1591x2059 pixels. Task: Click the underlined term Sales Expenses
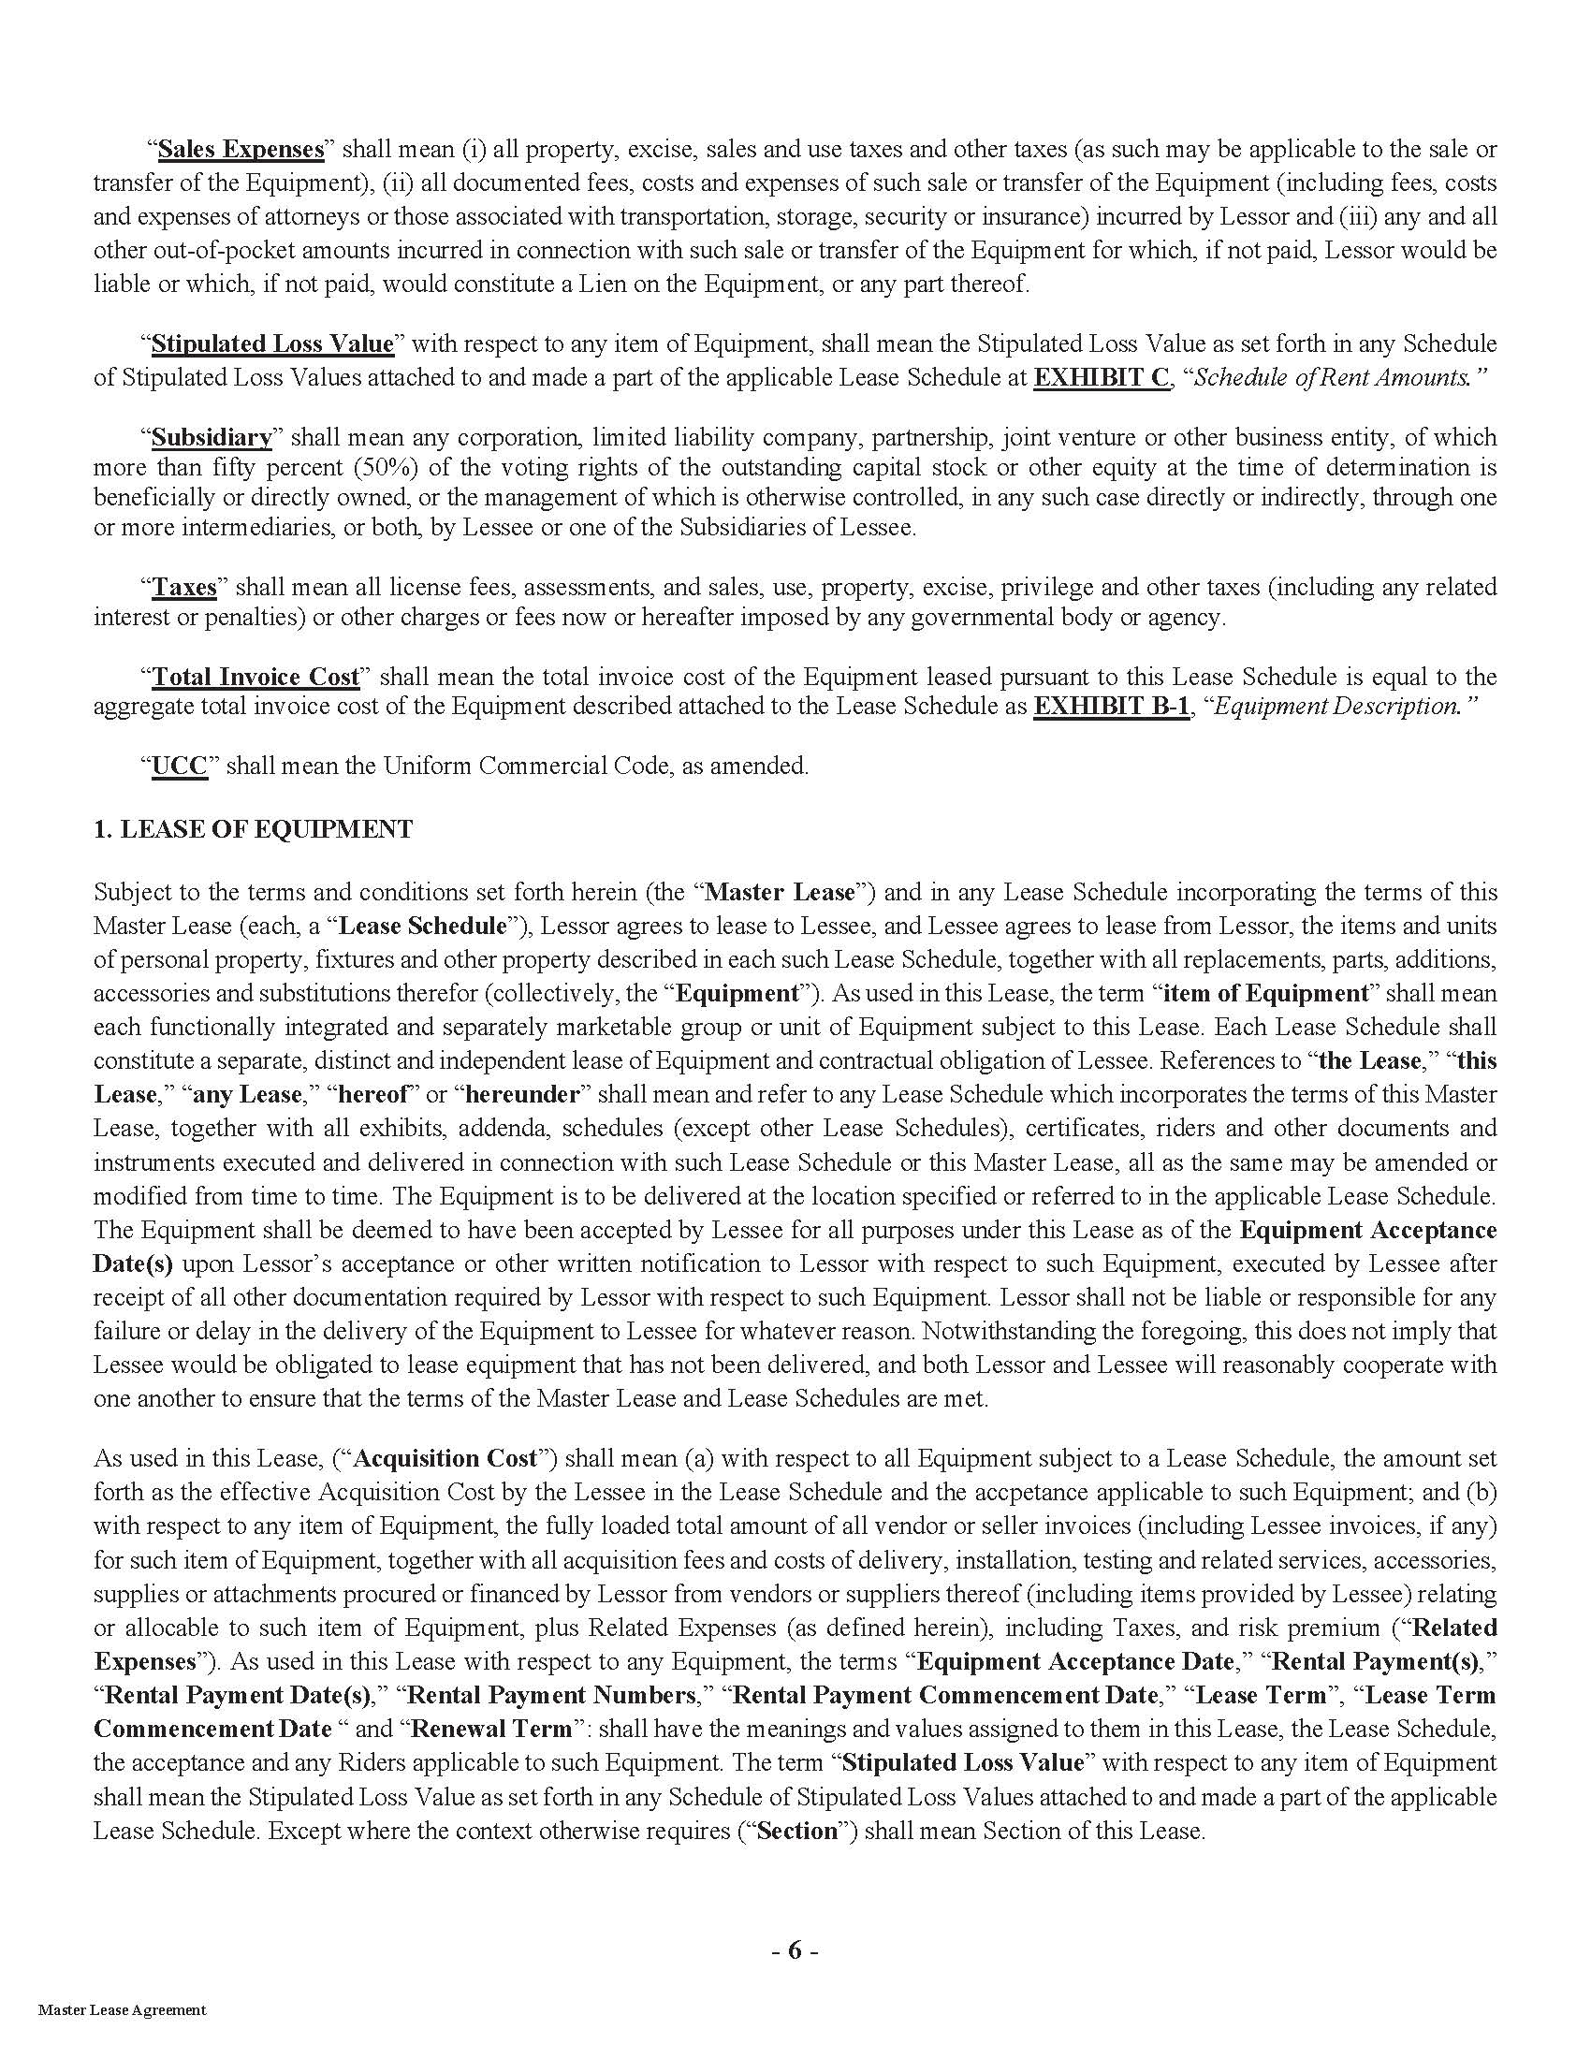coord(241,149)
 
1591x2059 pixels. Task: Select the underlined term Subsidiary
coord(212,437)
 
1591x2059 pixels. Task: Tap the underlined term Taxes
coord(183,588)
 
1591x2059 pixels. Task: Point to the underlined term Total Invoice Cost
coord(255,677)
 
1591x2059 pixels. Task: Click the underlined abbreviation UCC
coord(179,766)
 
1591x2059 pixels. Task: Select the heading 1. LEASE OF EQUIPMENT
coord(253,829)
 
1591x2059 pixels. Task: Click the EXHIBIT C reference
coord(1101,377)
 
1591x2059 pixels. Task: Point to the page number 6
coord(795,1950)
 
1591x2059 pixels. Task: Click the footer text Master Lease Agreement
coord(122,2037)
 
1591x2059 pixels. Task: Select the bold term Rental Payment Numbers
coord(550,1695)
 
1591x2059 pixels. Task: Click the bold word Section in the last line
coord(797,1831)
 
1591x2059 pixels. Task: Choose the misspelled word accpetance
coord(1081,1493)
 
